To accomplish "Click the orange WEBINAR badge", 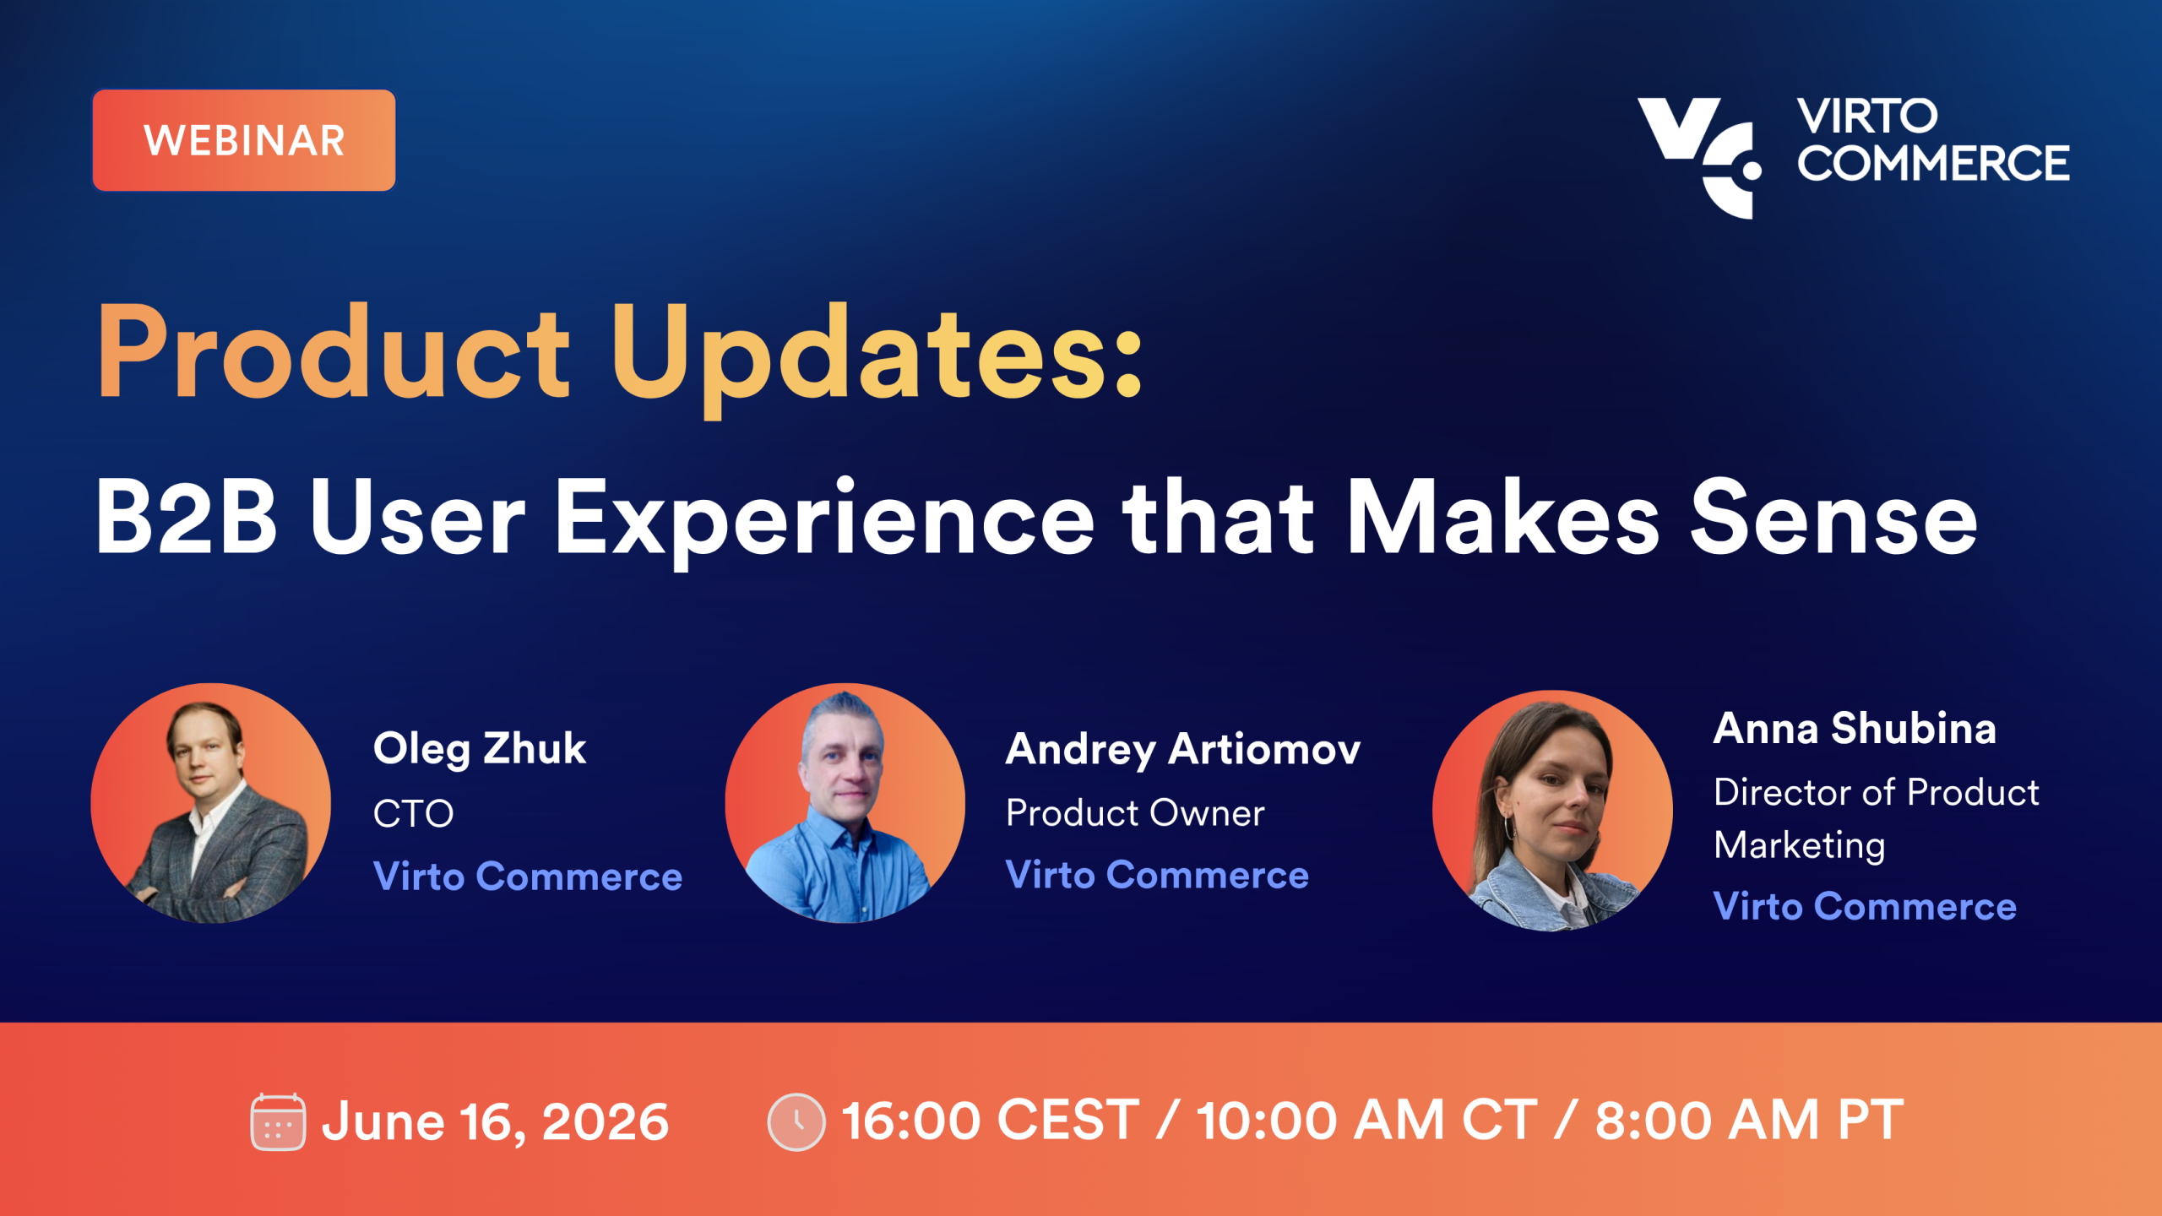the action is point(243,140).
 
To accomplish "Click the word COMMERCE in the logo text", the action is point(1933,163).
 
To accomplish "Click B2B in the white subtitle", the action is point(186,517).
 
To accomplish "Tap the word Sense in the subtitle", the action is point(1833,517).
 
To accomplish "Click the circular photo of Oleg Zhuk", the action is point(210,803).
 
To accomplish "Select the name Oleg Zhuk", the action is point(480,750).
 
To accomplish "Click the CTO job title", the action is point(414,814).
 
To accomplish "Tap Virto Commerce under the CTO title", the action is point(528,877).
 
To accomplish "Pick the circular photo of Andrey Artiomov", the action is point(845,803).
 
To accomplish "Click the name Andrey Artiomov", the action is point(1183,750).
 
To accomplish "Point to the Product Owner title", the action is point(1135,813).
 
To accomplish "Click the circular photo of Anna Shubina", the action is point(1552,811).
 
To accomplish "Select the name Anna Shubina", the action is point(1855,729).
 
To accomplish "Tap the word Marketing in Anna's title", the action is point(1800,846).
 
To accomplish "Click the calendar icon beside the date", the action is point(278,1121).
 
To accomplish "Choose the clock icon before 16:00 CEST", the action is point(796,1121).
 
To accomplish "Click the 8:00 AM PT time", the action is point(1749,1121).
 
